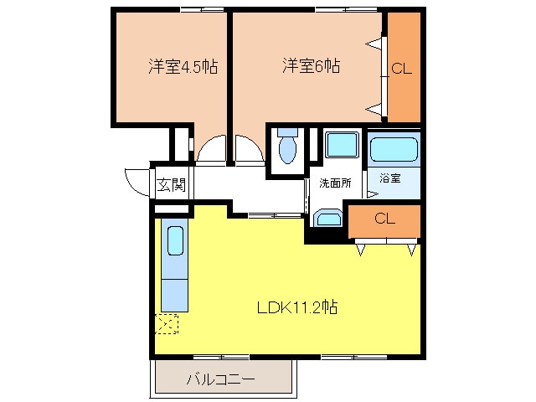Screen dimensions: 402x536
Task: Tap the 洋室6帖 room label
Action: [310, 64]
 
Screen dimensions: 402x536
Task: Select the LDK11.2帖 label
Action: [296, 307]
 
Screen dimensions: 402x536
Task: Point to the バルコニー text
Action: [219, 379]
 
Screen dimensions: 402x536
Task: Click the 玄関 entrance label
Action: [171, 184]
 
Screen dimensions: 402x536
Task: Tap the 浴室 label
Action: [389, 178]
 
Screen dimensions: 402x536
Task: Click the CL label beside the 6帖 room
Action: [402, 70]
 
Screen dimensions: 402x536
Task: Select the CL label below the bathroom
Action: [384, 219]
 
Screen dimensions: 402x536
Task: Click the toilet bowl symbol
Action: [287, 149]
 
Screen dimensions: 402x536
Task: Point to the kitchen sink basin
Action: [175, 241]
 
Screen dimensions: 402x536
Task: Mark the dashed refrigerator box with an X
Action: [167, 323]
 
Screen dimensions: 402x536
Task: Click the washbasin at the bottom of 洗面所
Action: [327, 220]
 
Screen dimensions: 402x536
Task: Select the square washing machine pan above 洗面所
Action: [342, 145]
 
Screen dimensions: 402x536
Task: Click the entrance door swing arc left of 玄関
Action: [134, 179]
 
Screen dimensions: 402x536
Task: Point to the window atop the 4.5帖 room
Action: [203, 9]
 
